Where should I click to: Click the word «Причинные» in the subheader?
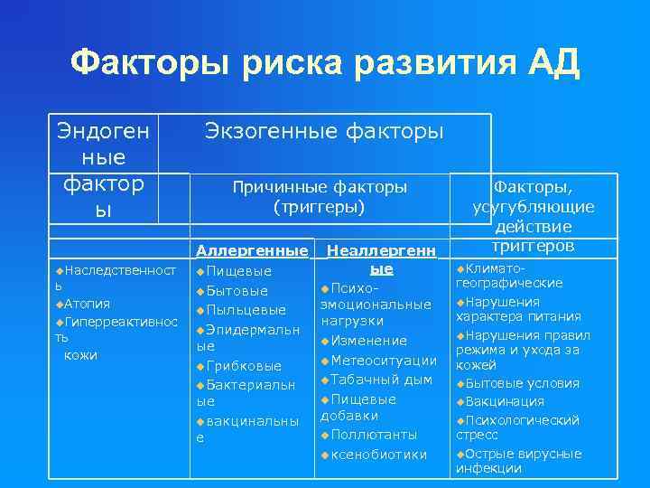274,187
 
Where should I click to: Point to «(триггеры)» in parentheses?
320,207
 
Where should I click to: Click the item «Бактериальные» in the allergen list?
245,386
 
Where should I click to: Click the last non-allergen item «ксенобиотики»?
378,454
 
